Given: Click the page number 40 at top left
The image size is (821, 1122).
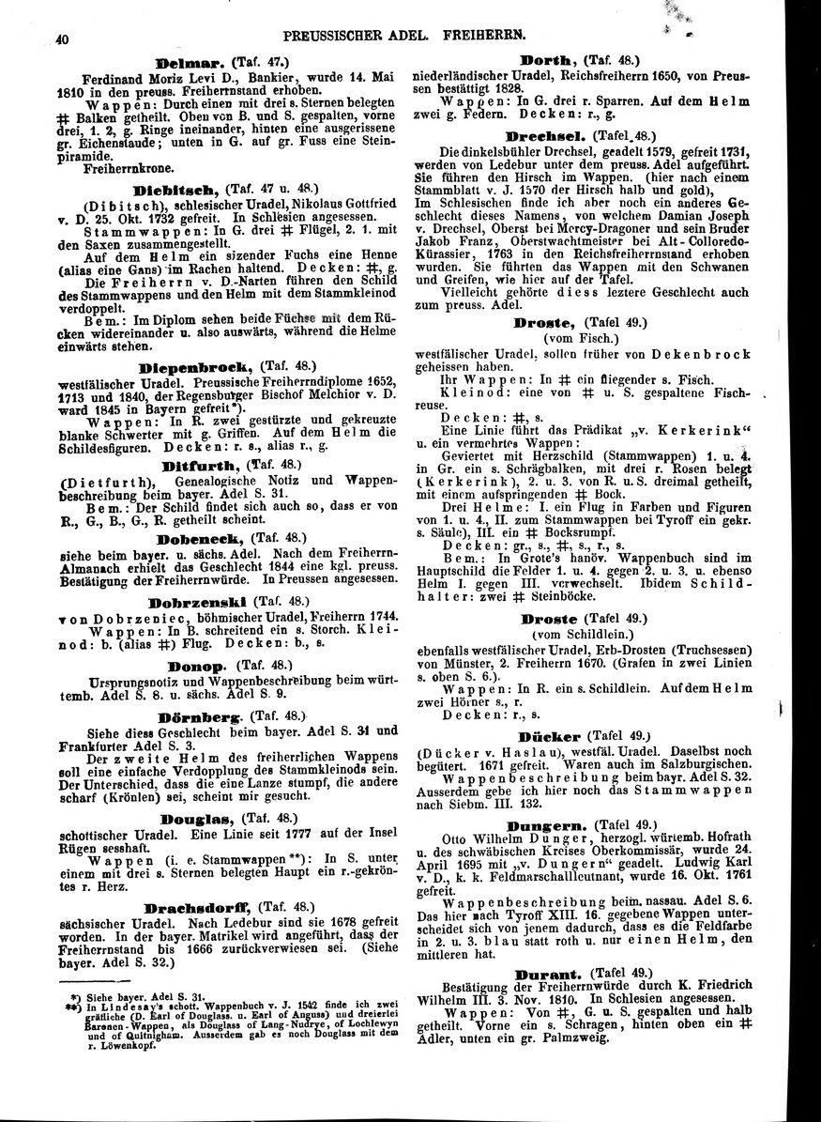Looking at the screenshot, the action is (38, 38).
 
